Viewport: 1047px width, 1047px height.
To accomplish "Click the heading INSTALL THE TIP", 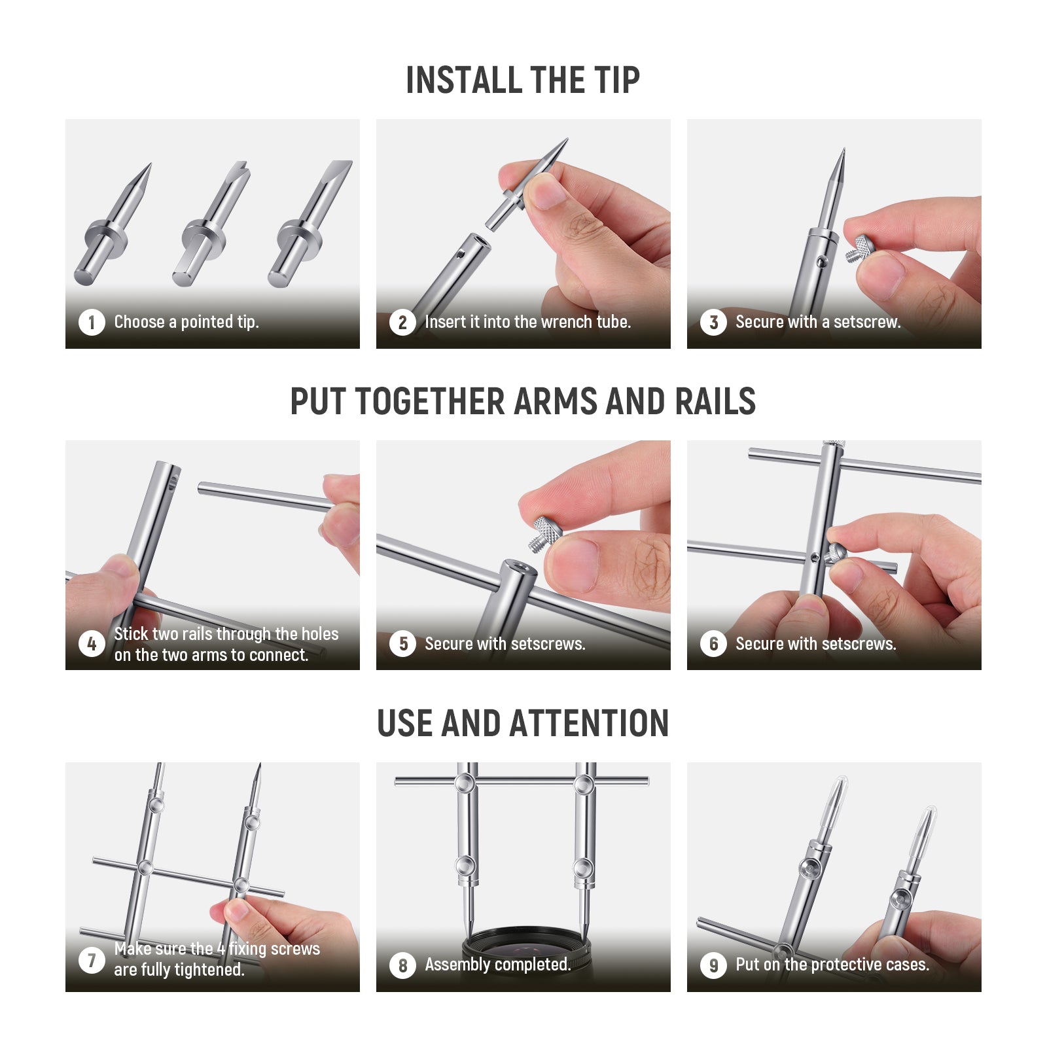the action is (523, 80).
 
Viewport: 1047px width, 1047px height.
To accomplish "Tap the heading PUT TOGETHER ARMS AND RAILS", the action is (523, 401).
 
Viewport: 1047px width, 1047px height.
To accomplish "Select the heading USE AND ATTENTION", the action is (523, 723).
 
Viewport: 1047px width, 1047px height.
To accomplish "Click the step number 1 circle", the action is (92, 322).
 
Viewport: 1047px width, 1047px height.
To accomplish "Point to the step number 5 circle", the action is (402, 644).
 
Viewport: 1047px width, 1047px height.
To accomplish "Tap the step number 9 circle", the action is (713, 965).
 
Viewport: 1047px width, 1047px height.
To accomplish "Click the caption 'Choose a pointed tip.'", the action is (186, 322).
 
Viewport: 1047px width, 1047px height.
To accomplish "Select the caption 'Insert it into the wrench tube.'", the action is (527, 322).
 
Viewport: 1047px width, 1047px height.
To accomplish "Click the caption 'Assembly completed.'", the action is (497, 965).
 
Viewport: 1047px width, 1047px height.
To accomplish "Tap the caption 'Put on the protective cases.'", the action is (832, 965).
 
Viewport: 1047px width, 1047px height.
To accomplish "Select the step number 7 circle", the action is (92, 960).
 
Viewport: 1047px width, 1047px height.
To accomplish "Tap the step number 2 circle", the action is (402, 322).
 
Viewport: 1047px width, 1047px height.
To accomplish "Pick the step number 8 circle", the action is (402, 965).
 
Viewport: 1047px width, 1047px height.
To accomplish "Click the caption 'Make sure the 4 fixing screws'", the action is (217, 949).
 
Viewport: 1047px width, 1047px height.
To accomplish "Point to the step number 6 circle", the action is (713, 644).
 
